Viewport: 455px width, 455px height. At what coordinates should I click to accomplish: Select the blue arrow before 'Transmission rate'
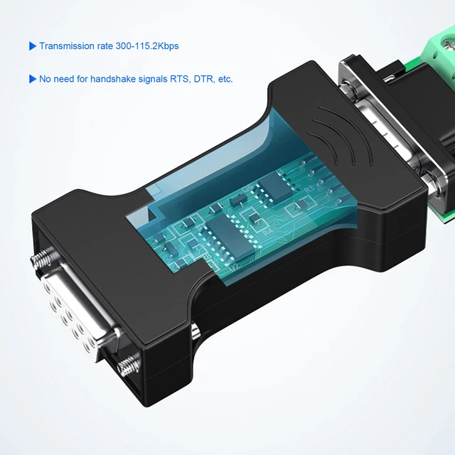(x=32, y=46)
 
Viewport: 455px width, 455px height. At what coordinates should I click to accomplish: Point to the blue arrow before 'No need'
(x=32, y=79)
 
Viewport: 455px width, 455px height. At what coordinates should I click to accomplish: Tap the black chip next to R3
(x=273, y=186)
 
